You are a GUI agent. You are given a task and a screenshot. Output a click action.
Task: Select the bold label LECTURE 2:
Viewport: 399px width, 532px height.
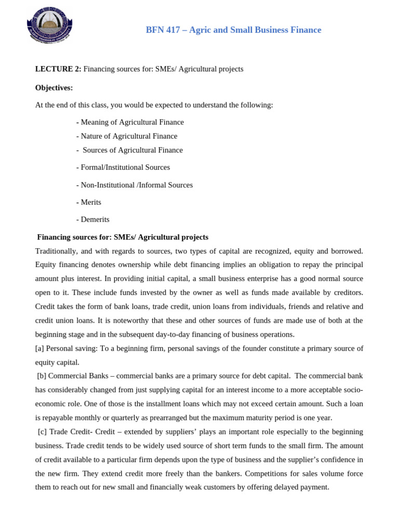(x=58, y=69)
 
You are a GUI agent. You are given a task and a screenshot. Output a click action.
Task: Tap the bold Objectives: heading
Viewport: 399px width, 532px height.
(x=54, y=87)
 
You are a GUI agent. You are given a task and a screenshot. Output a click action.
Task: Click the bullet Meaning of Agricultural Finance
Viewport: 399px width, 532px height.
(x=130, y=122)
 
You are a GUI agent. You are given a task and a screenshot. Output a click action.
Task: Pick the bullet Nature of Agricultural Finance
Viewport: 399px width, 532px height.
(x=127, y=136)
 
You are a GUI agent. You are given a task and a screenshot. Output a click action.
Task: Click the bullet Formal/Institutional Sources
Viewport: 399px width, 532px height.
(x=123, y=167)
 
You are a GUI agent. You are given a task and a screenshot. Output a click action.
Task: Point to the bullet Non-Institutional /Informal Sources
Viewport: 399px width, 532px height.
(x=134, y=185)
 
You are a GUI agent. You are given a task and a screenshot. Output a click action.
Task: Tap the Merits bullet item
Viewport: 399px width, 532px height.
(x=89, y=202)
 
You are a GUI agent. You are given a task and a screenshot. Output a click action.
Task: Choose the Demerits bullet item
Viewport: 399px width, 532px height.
(x=92, y=220)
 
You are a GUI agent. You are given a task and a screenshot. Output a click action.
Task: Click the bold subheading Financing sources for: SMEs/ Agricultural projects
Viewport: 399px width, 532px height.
(x=123, y=237)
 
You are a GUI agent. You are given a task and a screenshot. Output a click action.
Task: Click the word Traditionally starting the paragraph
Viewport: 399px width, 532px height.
(x=56, y=251)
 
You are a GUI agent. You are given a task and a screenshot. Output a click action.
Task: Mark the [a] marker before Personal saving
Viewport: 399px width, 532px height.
(x=40, y=348)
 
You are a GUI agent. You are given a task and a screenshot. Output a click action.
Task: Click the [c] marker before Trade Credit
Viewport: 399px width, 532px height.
(x=43, y=432)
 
